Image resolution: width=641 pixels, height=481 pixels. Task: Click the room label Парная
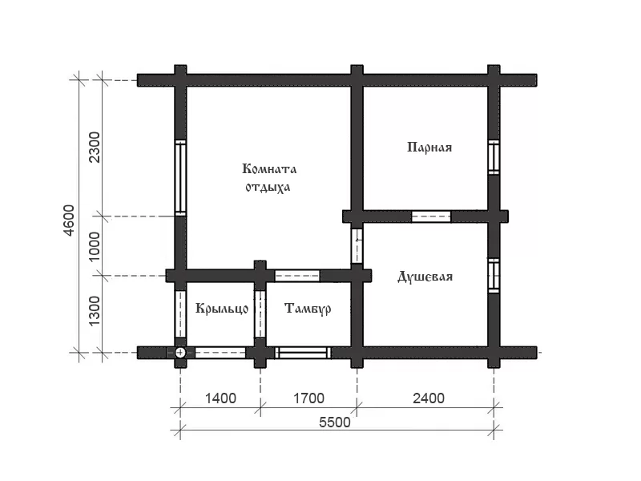pos(429,148)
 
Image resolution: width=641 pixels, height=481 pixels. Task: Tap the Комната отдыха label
pos(269,177)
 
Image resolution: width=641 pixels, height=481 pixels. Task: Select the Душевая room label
pos(425,277)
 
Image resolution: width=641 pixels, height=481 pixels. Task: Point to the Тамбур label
pos(308,309)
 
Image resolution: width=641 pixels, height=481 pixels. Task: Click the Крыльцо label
pos(222,308)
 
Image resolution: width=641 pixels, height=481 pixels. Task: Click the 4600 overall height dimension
pos(70,220)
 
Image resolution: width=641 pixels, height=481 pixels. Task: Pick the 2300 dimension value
pos(94,148)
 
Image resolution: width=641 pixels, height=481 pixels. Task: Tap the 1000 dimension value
pos(94,247)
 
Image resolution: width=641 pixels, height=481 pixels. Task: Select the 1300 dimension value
pos(94,311)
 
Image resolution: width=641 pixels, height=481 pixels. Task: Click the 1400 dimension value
pos(220,398)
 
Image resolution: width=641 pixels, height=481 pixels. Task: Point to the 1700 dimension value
pos(309,398)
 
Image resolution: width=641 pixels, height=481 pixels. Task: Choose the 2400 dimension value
pos(429,398)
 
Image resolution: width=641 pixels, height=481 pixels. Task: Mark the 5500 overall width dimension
pos(335,422)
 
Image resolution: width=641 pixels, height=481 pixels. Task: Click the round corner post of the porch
pos(180,353)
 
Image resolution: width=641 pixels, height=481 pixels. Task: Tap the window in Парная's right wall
pos(494,157)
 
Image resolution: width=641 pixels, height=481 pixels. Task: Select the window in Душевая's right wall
pos(494,276)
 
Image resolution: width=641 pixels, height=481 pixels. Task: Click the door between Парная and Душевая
pos(431,216)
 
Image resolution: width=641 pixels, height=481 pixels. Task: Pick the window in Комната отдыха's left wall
pos(180,177)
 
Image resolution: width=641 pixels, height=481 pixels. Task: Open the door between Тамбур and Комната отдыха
pos(297,276)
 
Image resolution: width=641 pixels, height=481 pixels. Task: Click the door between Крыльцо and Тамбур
pos(260,314)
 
